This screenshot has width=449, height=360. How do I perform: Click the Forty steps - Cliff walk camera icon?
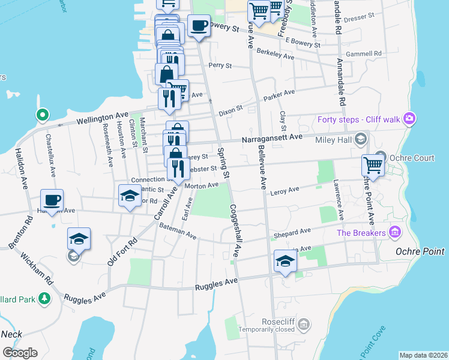pyautogui.click(x=411, y=119)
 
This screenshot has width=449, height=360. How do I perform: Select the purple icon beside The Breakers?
pyautogui.click(x=394, y=232)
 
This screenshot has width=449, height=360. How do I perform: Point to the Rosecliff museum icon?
pyautogui.click(x=304, y=324)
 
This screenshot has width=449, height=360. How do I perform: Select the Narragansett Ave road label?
pyautogui.click(x=272, y=138)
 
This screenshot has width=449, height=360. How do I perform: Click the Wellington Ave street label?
pyautogui.click(x=102, y=118)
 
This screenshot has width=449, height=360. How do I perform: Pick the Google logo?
pyautogui.click(x=20, y=352)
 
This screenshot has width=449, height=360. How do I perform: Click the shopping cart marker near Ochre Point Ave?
pyautogui.click(x=373, y=166)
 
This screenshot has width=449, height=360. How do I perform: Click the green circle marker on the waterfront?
pyautogui.click(x=42, y=114)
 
